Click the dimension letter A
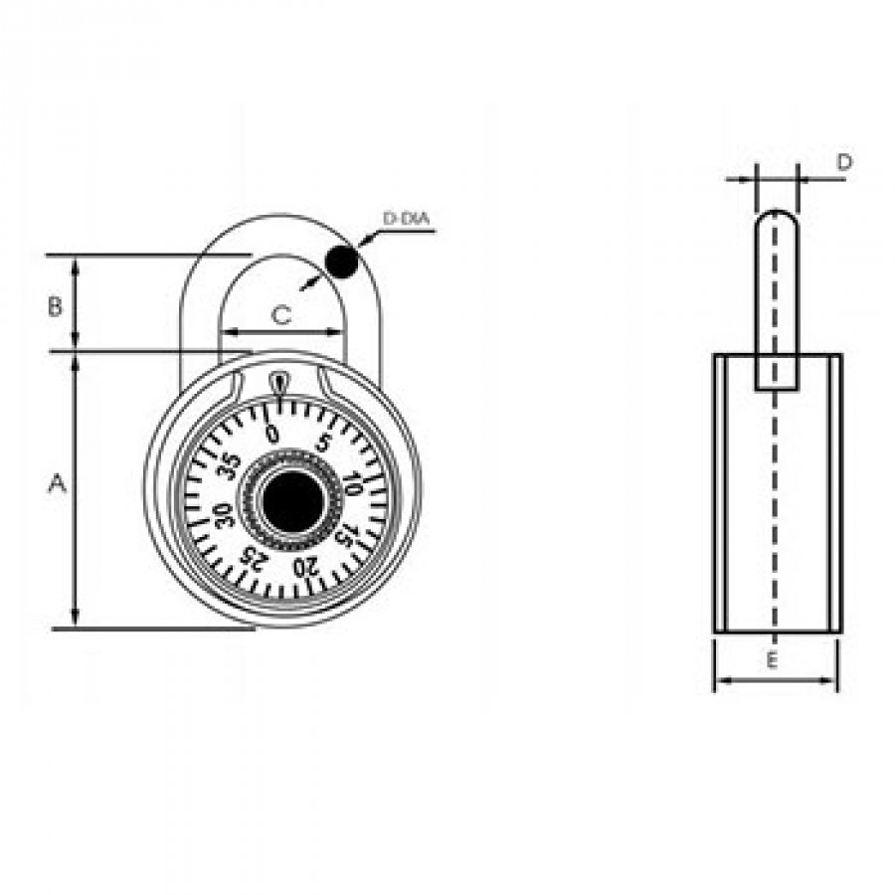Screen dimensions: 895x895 57,484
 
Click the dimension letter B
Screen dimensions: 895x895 55,306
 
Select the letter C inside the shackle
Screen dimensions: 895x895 280,315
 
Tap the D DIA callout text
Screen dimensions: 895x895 406,219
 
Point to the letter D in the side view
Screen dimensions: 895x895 844,163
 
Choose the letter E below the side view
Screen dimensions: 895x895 772,661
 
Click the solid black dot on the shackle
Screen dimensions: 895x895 341,263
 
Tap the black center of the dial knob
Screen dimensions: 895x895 292,502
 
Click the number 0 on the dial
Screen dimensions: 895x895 272,434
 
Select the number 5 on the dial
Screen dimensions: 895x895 323,444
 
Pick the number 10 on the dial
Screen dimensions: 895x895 354,484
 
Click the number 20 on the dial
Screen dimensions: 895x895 304,567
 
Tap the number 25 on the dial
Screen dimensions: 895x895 253,557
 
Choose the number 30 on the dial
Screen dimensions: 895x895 222,515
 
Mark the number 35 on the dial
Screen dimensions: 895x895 230,466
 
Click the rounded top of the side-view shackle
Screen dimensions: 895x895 776,213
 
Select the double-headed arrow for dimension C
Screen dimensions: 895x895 281,331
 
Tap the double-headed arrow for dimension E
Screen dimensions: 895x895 776,680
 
